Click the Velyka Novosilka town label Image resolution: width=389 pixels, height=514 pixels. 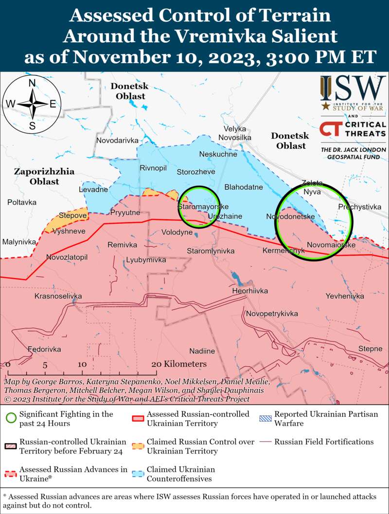click(235, 133)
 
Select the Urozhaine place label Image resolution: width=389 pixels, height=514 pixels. click(225, 216)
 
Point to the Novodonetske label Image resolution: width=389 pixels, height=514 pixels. click(290, 216)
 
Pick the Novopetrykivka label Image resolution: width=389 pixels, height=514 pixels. click(272, 314)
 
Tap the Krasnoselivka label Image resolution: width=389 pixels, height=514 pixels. click(58, 296)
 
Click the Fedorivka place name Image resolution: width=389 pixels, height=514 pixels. click(44, 349)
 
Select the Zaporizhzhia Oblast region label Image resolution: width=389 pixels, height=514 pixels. click(37, 176)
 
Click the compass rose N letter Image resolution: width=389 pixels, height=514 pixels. click(32, 83)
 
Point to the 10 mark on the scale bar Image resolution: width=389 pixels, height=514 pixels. click(81, 364)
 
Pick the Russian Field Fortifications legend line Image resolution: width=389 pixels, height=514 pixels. click(265, 442)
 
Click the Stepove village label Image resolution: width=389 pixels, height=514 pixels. click(72, 215)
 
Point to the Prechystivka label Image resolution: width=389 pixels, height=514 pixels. click(359, 207)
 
